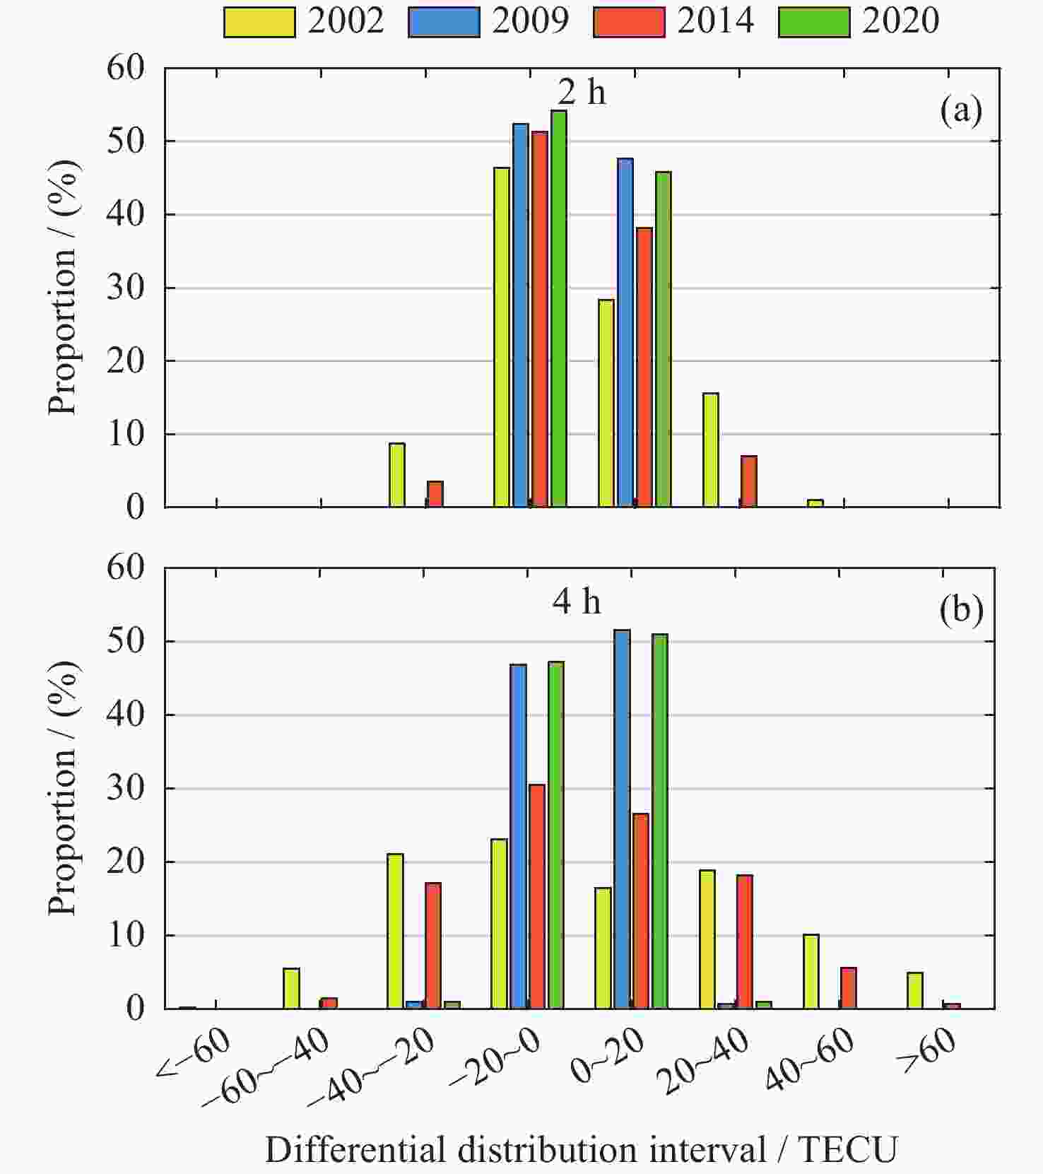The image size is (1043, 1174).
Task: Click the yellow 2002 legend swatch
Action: pos(259,22)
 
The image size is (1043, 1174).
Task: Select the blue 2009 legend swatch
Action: pos(444,22)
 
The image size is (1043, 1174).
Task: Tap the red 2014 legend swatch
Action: pos(629,22)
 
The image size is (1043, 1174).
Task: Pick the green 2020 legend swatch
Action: pos(814,22)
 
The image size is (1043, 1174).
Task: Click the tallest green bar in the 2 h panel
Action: pos(558,308)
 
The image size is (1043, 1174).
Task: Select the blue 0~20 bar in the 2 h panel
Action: pos(625,332)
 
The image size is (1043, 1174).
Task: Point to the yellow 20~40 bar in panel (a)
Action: pos(711,450)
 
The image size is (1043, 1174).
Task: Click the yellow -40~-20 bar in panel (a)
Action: pos(397,475)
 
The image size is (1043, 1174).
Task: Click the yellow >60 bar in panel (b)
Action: pos(915,990)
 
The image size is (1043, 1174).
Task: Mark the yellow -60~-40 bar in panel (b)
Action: pos(291,988)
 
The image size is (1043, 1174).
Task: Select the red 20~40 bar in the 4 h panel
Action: pos(745,941)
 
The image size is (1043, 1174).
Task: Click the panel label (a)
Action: pos(961,111)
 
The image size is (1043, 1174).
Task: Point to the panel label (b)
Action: pos(961,609)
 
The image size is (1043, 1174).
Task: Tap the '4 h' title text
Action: pos(577,601)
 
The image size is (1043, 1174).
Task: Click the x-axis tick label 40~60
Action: pos(810,1057)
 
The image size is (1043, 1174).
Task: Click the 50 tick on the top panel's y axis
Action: pos(126,141)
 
